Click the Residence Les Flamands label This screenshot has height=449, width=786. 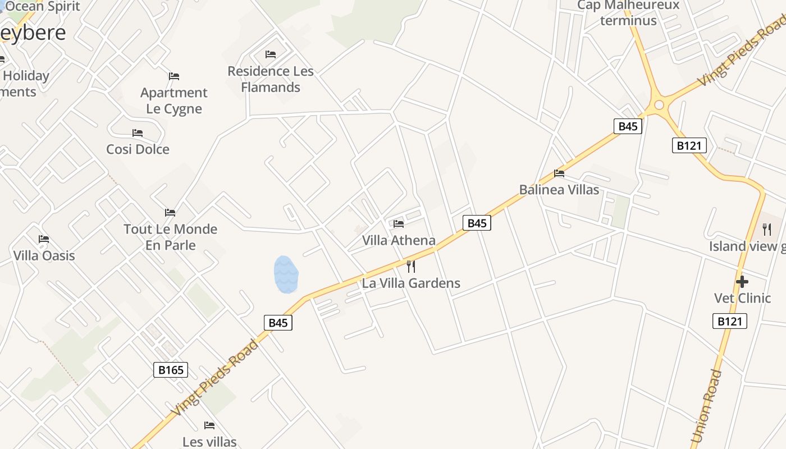pyautogui.click(x=271, y=79)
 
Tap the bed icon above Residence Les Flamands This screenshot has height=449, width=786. pyautogui.click(x=271, y=54)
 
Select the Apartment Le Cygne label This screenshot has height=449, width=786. pyautogui.click(x=174, y=100)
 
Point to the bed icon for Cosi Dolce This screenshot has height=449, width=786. pyautogui.click(x=138, y=133)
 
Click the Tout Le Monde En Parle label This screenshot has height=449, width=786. pyautogui.click(x=170, y=237)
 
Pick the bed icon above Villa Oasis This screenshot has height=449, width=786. pyautogui.click(x=44, y=239)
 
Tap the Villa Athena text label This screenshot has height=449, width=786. pyautogui.click(x=399, y=240)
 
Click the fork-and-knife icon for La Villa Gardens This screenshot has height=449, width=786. pyautogui.click(x=411, y=266)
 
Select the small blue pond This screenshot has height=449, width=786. pyautogui.click(x=286, y=274)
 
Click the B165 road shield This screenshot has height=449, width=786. pyautogui.click(x=171, y=370)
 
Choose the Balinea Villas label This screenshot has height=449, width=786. pyautogui.click(x=559, y=190)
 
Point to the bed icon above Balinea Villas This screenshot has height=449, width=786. pyautogui.click(x=559, y=173)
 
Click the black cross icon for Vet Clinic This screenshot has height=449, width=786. pyautogui.click(x=742, y=281)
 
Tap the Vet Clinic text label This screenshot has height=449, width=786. pyautogui.click(x=742, y=297)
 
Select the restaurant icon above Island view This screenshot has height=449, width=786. pyautogui.click(x=767, y=229)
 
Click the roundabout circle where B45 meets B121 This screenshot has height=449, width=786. pyautogui.click(x=659, y=105)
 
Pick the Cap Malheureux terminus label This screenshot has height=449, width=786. pyautogui.click(x=628, y=13)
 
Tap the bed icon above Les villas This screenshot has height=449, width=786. pyautogui.click(x=209, y=425)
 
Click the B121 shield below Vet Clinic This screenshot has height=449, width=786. pyautogui.click(x=730, y=321)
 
